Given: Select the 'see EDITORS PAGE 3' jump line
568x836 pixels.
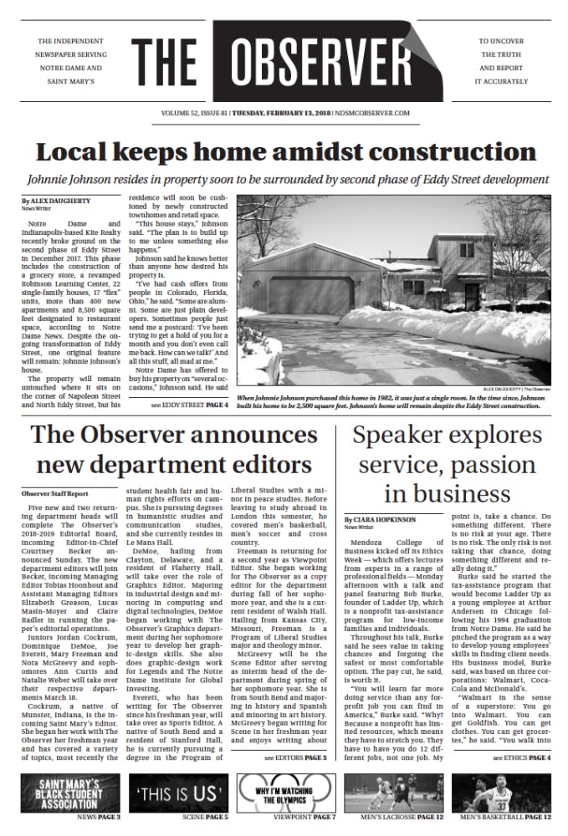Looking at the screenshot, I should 294,757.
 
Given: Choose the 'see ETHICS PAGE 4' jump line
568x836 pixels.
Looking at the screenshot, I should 521,757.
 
